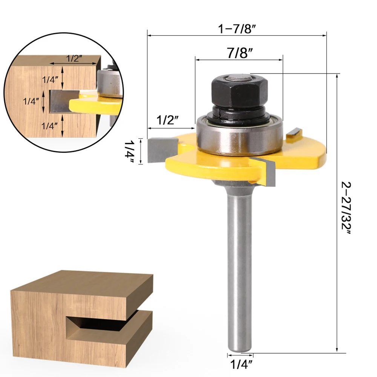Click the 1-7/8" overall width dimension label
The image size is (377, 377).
[x=237, y=29]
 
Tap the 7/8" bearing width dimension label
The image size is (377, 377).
[x=240, y=53]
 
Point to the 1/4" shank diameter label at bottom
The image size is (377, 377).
[x=241, y=364]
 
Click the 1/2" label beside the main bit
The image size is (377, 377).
[x=168, y=120]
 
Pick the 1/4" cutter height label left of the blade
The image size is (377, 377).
[x=129, y=152]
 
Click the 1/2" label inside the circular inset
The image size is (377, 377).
[x=74, y=58]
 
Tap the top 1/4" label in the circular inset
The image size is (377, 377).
[x=50, y=80]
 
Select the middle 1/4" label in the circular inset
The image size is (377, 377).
[x=31, y=101]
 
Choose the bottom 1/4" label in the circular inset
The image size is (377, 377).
[x=49, y=126]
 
